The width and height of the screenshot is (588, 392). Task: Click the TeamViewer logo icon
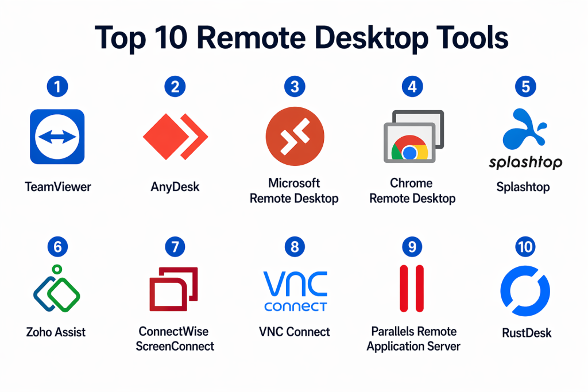tap(57, 137)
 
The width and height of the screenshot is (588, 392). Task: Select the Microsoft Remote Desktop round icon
tap(295, 137)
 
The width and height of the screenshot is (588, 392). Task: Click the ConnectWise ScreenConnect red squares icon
tap(173, 289)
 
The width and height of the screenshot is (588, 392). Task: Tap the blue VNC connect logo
tap(295, 291)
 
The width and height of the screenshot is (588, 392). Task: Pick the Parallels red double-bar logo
tap(412, 289)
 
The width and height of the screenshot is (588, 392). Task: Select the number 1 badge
tap(57, 87)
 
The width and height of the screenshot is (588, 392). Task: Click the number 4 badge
tap(412, 87)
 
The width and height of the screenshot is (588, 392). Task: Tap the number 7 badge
tap(175, 247)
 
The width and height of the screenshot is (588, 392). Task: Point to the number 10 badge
tap(525, 247)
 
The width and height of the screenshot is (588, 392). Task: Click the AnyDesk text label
tap(175, 187)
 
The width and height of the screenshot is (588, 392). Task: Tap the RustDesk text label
tap(527, 332)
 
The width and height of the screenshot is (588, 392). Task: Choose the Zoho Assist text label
tap(56, 332)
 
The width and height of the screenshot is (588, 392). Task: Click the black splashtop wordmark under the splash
tap(525, 162)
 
